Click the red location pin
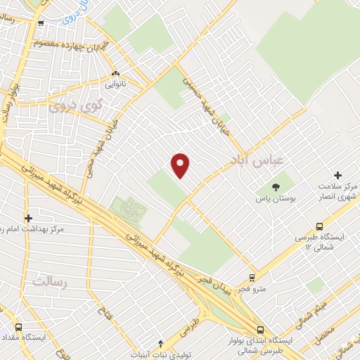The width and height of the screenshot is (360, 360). point(181,165)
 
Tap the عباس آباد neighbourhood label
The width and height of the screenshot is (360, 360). point(256,160)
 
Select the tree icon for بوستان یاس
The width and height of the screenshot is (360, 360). point(275,187)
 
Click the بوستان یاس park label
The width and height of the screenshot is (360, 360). point(274,200)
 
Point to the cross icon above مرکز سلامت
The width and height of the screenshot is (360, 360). point(337,175)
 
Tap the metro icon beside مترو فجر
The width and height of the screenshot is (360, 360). point(252,278)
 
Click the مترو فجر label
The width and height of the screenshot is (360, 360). point(251,289)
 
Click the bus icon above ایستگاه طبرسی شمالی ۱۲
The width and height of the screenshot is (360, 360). point(319,226)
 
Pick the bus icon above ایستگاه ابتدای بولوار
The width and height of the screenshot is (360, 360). point(261,330)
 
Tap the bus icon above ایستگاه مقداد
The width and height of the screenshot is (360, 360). point(18,328)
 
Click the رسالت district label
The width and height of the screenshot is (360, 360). point(49,281)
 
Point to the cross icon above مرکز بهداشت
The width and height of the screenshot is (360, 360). point(28,219)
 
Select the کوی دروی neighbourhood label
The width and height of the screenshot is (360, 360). point(75,105)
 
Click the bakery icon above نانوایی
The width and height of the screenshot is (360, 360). point(115,73)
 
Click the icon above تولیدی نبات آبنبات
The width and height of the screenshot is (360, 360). point(161,343)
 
